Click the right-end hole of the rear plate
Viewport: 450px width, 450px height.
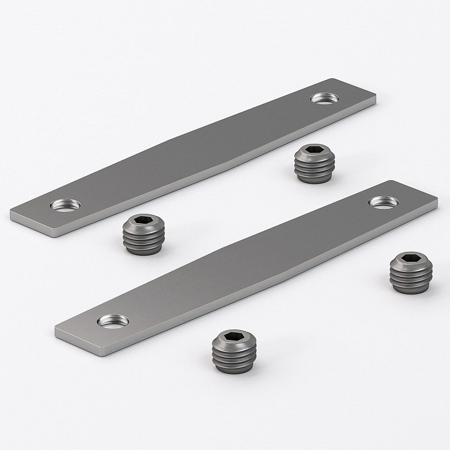coord(325,97)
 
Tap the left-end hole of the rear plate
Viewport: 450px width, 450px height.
coord(66,204)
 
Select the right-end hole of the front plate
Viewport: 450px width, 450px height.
coord(383,201)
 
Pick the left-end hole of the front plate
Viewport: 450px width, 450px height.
coord(113,321)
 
